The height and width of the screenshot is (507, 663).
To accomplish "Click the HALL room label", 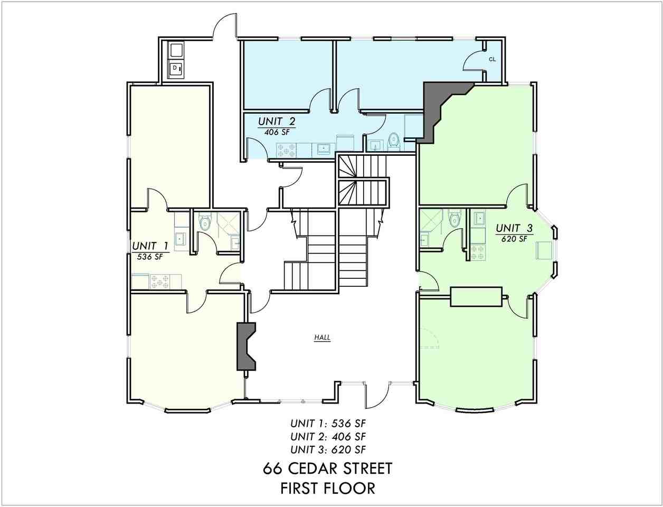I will [x=322, y=337].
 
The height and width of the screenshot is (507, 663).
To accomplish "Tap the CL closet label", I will [x=492, y=60].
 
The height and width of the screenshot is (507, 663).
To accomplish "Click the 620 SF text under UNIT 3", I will [x=514, y=239].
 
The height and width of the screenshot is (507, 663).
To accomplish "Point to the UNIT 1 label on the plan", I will [x=150, y=246].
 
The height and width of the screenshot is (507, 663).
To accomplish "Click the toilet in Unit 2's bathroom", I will [x=393, y=141].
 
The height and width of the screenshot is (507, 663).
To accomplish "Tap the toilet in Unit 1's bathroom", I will [x=205, y=223].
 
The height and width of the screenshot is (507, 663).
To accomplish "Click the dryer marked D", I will [x=175, y=69].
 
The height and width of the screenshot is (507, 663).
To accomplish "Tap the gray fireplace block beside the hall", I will [x=245, y=346].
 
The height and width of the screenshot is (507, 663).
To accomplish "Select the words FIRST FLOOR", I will [x=328, y=488].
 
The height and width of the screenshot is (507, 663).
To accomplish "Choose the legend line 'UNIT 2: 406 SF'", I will [x=328, y=437].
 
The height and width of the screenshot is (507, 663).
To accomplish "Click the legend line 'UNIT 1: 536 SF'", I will [x=328, y=424].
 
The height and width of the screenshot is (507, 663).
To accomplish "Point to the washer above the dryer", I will [x=175, y=51].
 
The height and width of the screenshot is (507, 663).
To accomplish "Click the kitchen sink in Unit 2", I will [x=323, y=148].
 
